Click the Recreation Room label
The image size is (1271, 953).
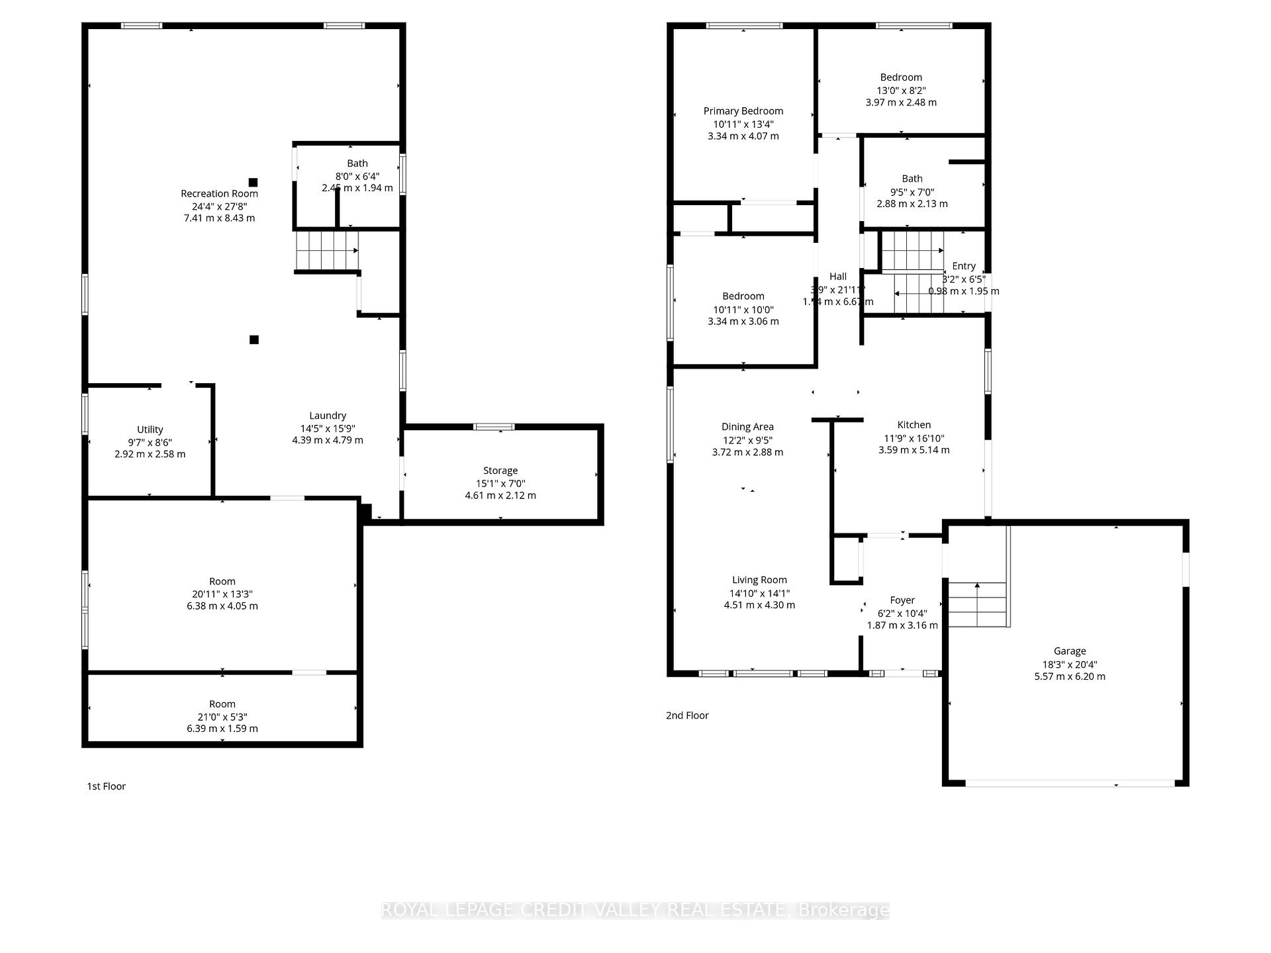(219, 193)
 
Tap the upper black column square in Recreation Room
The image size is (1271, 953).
(253, 182)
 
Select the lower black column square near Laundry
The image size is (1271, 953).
(254, 340)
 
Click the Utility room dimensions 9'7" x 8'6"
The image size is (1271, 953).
(150, 442)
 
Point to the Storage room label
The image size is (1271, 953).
(500, 471)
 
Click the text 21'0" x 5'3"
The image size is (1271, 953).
(222, 717)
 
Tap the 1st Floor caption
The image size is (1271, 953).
(107, 786)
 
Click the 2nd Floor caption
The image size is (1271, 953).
(687, 715)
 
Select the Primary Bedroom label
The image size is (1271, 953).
(743, 111)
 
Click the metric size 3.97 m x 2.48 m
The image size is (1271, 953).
(901, 103)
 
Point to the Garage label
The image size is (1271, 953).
(1070, 651)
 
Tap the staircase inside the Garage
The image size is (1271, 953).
(977, 604)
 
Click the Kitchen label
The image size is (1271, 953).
(914, 425)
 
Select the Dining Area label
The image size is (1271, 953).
(747, 427)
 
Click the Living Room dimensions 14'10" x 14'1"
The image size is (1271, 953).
(759, 594)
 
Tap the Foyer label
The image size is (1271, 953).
(902, 600)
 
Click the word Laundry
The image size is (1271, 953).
(328, 416)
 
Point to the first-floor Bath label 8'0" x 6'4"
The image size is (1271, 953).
(357, 176)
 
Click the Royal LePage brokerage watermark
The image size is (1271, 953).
(635, 911)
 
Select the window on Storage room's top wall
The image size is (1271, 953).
(494, 427)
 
